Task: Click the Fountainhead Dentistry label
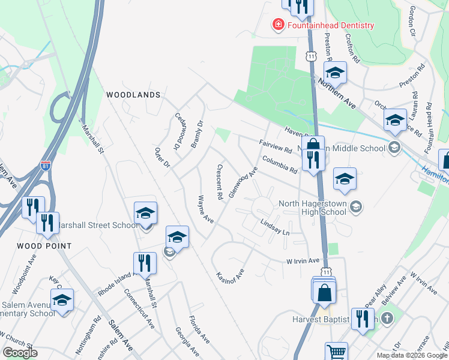tap(330, 25)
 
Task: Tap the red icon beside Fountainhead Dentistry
tap(278, 25)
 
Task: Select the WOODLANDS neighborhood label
tap(133, 95)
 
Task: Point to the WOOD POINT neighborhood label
tap(44, 246)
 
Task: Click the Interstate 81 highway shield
tap(46, 166)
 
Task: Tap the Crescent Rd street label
tap(220, 182)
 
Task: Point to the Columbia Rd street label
tap(280, 164)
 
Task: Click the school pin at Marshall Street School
tap(145, 214)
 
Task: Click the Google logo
tap(20, 352)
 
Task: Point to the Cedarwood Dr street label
tap(177, 132)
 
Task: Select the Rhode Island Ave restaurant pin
tap(145, 263)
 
